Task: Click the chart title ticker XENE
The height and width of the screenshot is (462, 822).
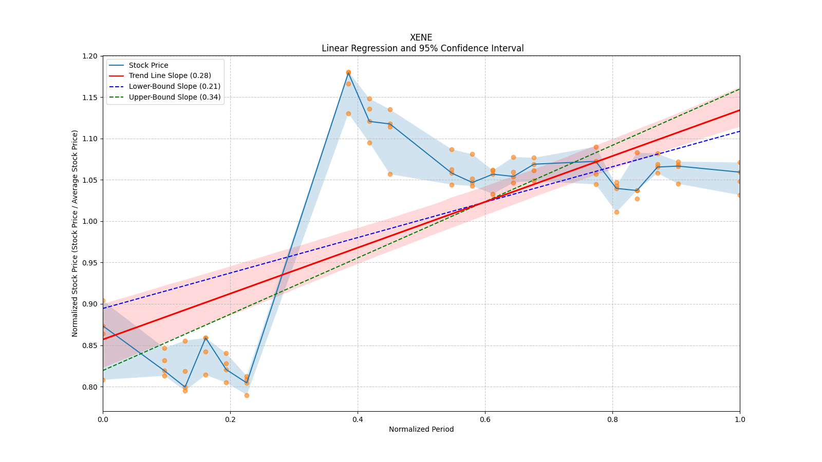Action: pos(421,37)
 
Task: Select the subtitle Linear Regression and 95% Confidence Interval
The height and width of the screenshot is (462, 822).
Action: pos(422,48)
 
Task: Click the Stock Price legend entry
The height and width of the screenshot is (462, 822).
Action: pos(148,65)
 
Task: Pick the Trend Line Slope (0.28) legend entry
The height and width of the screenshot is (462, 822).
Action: pos(170,76)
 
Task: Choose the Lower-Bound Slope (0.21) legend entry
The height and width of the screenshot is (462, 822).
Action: pos(174,87)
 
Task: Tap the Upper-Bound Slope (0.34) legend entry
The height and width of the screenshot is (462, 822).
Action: pos(175,97)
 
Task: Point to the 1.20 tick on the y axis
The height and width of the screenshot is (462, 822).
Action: pos(90,56)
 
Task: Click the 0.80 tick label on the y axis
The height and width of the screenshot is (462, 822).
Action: pos(90,387)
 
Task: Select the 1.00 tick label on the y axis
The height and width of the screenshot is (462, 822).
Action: pos(90,221)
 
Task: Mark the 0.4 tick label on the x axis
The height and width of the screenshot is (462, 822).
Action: pos(358,419)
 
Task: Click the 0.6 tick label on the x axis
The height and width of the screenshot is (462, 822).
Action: pos(485,419)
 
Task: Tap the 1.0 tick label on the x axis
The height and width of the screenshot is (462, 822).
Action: pos(740,419)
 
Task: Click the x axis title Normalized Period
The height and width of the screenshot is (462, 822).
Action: pos(421,429)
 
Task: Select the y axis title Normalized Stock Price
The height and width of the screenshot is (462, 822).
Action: pos(75,233)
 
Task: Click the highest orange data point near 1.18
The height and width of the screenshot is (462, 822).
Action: pos(348,72)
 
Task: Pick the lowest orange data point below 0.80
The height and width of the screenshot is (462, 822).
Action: pos(247,395)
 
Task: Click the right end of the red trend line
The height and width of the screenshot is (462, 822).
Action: pos(739,110)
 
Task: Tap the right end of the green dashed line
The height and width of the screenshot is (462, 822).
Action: pos(739,89)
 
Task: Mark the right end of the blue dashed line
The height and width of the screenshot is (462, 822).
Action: pos(739,131)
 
